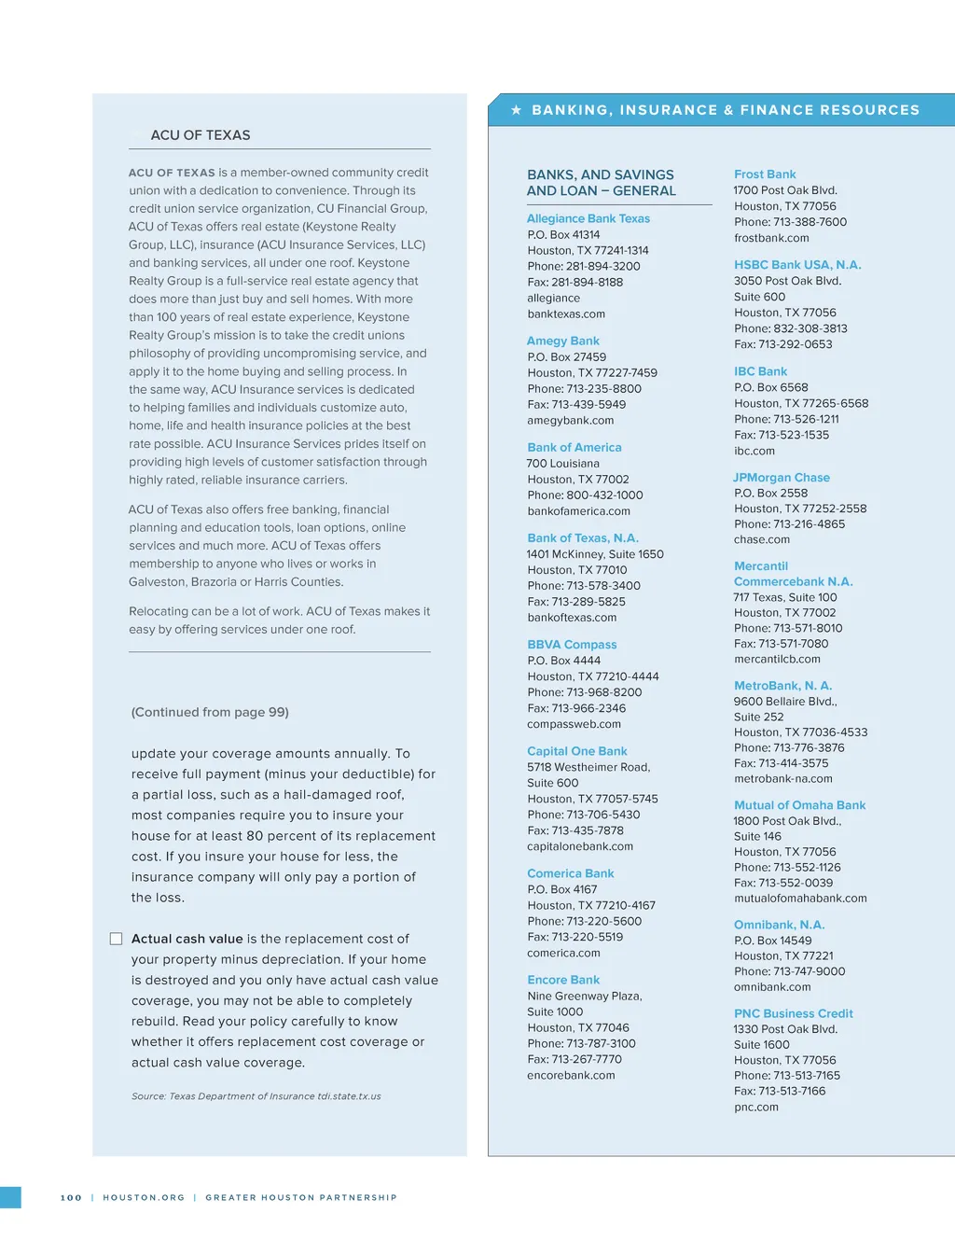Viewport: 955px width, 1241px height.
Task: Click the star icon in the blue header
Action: [516, 110]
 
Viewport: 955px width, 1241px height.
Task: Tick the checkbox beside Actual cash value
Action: [117, 939]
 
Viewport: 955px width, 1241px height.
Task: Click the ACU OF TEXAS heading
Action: [201, 135]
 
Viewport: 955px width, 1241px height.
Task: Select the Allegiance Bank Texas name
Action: [588, 218]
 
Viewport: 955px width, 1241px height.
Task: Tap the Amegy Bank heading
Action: [562, 341]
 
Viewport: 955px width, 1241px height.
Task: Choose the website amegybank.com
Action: [570, 420]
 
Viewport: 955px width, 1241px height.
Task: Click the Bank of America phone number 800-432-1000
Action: [604, 495]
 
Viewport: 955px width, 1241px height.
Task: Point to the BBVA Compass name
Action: [572, 644]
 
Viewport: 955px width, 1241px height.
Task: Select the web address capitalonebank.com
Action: [579, 846]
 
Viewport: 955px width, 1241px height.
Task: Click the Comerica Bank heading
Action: [570, 873]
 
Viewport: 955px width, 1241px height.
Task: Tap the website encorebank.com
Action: [571, 1075]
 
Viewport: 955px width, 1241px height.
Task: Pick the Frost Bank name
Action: [765, 174]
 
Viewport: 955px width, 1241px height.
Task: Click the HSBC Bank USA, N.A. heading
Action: [797, 265]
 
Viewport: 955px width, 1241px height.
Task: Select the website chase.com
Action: [761, 539]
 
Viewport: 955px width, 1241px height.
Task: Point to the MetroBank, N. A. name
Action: [782, 685]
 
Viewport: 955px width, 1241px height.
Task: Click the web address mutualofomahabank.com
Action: [800, 898]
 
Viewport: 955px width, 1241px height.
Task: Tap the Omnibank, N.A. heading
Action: [779, 925]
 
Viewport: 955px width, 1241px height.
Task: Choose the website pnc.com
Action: [755, 1107]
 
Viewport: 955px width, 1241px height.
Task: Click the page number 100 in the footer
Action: [71, 1197]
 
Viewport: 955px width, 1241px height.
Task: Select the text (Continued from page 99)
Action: [210, 712]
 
